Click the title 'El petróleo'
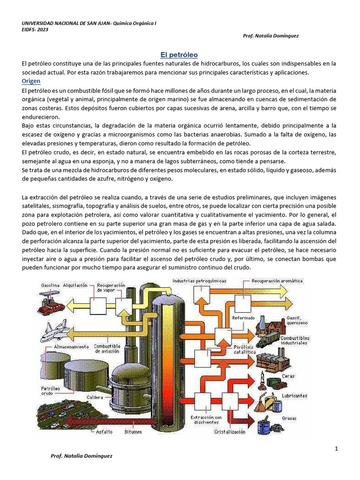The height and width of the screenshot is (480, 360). (180, 54)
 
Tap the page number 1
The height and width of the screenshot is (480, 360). (337, 449)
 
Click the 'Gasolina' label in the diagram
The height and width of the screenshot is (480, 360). (50, 285)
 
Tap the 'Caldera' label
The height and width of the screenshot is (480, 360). (94, 397)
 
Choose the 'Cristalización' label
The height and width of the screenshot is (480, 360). (229, 432)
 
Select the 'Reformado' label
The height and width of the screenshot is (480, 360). (244, 318)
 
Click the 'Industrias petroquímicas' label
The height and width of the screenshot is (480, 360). (199, 281)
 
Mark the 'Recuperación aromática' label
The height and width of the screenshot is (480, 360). (277, 281)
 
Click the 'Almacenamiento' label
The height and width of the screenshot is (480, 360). (58, 347)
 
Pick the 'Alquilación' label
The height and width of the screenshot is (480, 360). (76, 285)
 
